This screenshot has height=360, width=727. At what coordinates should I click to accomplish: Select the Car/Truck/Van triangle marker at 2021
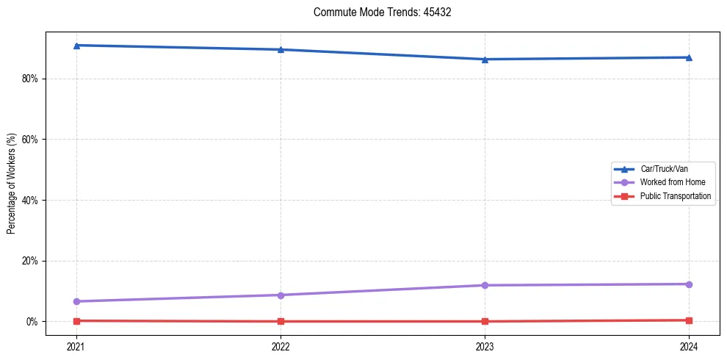tap(76, 46)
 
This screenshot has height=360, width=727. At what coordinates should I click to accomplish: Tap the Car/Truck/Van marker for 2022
tap(281, 49)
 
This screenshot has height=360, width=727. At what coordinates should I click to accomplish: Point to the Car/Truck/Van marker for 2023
tap(485, 60)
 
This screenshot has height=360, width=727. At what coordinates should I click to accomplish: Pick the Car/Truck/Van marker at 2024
tap(689, 57)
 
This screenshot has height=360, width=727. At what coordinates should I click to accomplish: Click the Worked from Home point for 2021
tap(76, 301)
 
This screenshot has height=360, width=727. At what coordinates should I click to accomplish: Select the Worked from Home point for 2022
tap(281, 295)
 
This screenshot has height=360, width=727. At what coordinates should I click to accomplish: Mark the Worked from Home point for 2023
tap(485, 285)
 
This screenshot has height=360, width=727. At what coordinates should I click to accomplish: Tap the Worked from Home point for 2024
tap(689, 284)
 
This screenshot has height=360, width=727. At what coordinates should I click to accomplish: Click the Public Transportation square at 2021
tap(76, 320)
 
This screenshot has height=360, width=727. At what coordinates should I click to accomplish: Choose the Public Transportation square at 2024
tap(689, 320)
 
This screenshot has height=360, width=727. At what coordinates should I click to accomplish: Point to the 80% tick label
tap(29, 79)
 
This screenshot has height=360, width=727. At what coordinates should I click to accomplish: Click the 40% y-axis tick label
tap(29, 200)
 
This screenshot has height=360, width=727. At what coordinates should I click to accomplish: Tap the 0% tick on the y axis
tap(32, 322)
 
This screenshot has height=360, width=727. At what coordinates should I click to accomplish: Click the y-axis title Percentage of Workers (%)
tap(12, 184)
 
